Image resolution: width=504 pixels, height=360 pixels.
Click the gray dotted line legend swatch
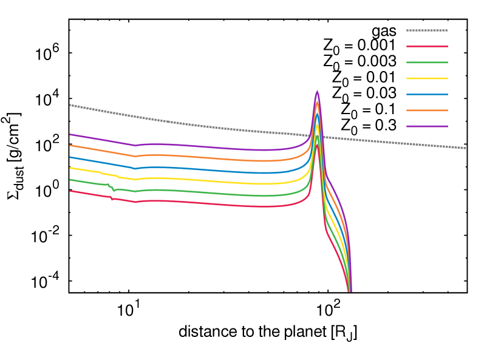[427, 30]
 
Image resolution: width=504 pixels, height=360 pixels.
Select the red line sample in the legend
[427, 46]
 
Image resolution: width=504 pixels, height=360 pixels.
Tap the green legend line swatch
[427, 63]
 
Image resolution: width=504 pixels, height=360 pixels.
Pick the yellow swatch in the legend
[427, 78]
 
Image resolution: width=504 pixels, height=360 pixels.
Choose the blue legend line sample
[427, 94]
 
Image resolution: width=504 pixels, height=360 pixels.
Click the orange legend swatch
[427, 110]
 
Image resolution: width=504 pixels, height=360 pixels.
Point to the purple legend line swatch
[427, 126]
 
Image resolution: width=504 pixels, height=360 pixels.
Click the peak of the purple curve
[317, 92]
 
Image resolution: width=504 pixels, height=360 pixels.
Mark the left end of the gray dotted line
[70, 105]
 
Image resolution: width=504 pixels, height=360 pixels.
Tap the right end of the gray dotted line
[465, 148]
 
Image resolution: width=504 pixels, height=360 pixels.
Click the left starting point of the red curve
[70, 191]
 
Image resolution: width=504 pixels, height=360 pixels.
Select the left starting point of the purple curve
[70, 134]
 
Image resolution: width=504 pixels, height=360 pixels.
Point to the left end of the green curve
[70, 180]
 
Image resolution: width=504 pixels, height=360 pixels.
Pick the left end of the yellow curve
[70, 168]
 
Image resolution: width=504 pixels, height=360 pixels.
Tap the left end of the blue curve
[70, 157]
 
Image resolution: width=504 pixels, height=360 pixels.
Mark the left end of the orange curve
[70, 145]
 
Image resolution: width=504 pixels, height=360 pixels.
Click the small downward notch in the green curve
[114, 191]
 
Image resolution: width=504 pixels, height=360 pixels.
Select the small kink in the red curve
[112, 199]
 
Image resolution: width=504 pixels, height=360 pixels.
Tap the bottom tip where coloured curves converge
[350, 291]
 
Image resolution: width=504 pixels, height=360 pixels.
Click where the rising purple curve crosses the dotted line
[312, 135]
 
